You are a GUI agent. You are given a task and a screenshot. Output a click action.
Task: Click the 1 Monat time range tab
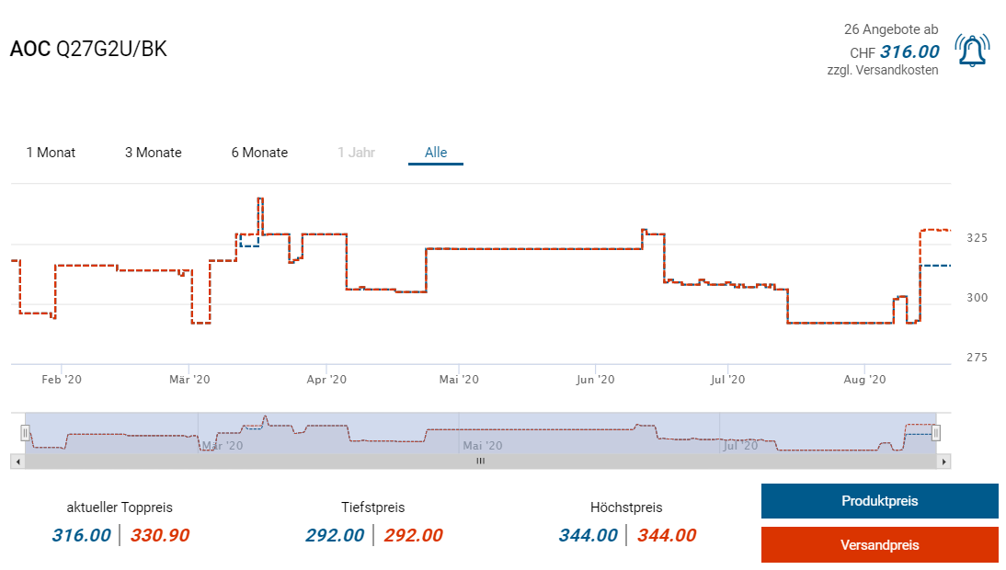point(51,153)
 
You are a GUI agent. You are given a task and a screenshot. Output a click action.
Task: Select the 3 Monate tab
point(154,153)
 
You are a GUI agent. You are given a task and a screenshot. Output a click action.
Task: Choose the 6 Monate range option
point(259,153)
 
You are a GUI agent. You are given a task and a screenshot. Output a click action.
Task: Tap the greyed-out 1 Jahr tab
point(356,153)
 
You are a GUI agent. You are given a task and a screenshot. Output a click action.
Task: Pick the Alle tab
point(436,153)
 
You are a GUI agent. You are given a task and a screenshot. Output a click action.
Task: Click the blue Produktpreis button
point(879,501)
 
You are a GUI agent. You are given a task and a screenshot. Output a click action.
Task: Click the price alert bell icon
point(972,51)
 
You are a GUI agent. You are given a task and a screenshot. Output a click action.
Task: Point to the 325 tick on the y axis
point(977,238)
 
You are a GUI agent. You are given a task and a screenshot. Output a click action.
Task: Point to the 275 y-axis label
point(977,357)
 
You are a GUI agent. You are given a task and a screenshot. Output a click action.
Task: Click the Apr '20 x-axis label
point(326,379)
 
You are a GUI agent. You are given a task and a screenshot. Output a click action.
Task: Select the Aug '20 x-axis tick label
point(864,379)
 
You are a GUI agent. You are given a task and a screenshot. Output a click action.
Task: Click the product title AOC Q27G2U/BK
point(88,50)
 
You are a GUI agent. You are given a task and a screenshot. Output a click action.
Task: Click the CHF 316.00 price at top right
point(909,52)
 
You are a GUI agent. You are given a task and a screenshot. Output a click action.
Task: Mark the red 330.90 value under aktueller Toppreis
point(160,535)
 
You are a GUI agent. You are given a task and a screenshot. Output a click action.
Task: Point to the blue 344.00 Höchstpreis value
point(588,535)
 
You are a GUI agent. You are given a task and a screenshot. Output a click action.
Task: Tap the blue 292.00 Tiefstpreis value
point(334,535)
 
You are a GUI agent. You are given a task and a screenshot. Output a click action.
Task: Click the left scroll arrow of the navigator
point(17,462)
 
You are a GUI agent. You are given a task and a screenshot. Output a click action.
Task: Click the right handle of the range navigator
point(936,432)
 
